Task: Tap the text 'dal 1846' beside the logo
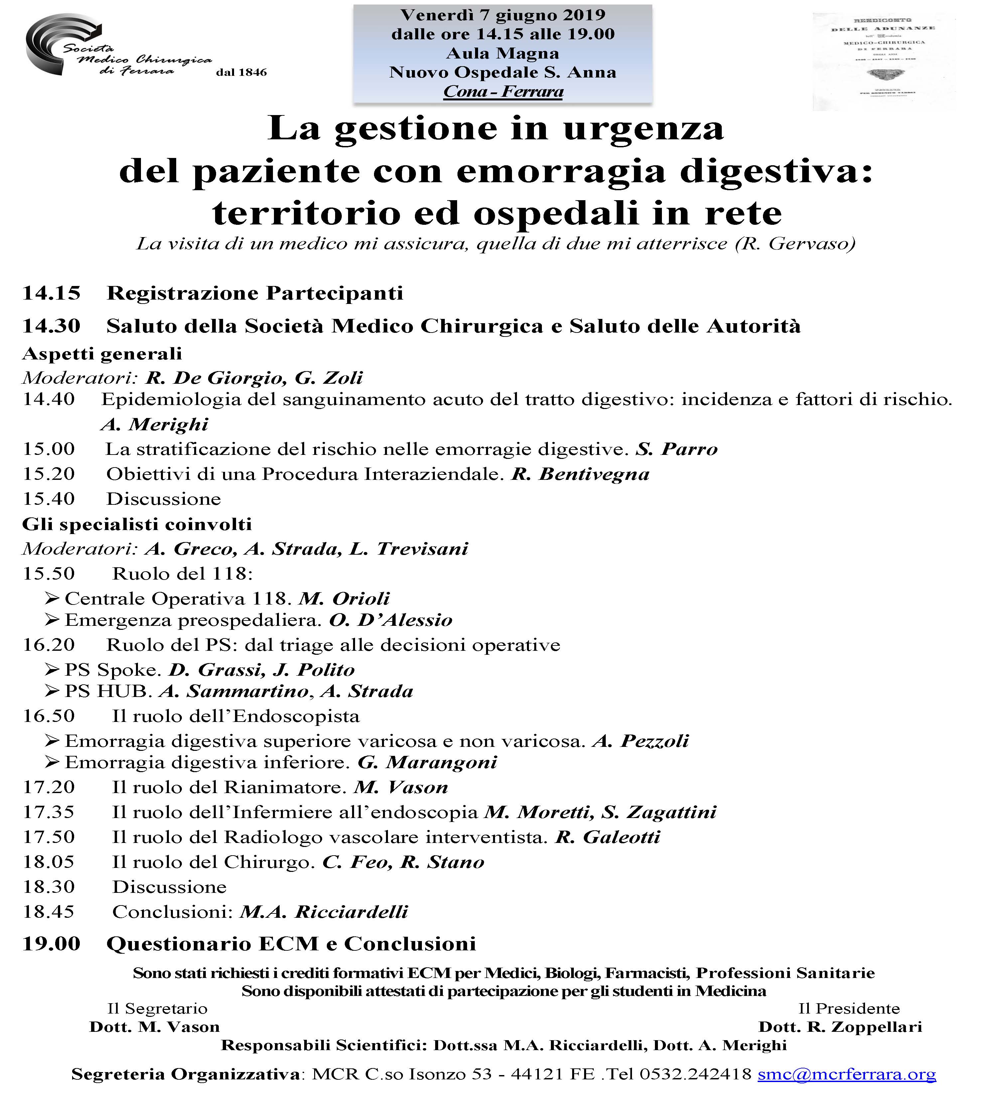[x=241, y=72]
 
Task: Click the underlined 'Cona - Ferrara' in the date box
[x=503, y=92]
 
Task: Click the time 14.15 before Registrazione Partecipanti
[x=51, y=294]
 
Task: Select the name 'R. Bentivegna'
[x=580, y=474]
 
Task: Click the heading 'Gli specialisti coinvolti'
[x=137, y=524]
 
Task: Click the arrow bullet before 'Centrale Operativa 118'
[x=52, y=599]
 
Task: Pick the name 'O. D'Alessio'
[x=391, y=620]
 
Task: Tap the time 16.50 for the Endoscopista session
[x=49, y=716]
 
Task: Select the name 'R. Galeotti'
[x=608, y=837]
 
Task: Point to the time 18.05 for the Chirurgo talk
[x=49, y=862]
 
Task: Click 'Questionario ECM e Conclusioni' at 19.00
[x=291, y=944]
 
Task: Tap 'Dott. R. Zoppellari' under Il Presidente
[x=840, y=1028]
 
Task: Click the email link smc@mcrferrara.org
[x=846, y=1074]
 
